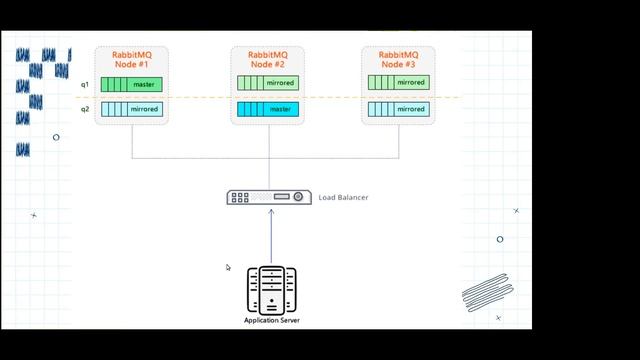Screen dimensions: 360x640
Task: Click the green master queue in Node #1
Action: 132,84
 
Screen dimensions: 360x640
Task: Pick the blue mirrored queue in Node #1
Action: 132,109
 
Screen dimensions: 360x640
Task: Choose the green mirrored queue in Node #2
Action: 268,84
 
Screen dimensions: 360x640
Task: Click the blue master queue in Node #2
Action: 268,109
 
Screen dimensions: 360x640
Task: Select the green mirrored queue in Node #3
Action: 398,83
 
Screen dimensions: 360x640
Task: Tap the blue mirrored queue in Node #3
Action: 398,109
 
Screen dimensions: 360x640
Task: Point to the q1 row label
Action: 86,84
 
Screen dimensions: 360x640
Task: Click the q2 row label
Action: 86,109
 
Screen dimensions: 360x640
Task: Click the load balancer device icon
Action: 269,198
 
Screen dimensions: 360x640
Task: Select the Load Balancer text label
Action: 343,198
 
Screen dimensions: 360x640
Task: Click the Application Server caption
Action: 271,321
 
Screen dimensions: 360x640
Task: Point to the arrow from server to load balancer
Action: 271,235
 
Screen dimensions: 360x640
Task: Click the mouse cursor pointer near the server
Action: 228,267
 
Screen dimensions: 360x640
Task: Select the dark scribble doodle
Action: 487,294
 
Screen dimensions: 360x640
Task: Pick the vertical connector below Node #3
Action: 399,141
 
